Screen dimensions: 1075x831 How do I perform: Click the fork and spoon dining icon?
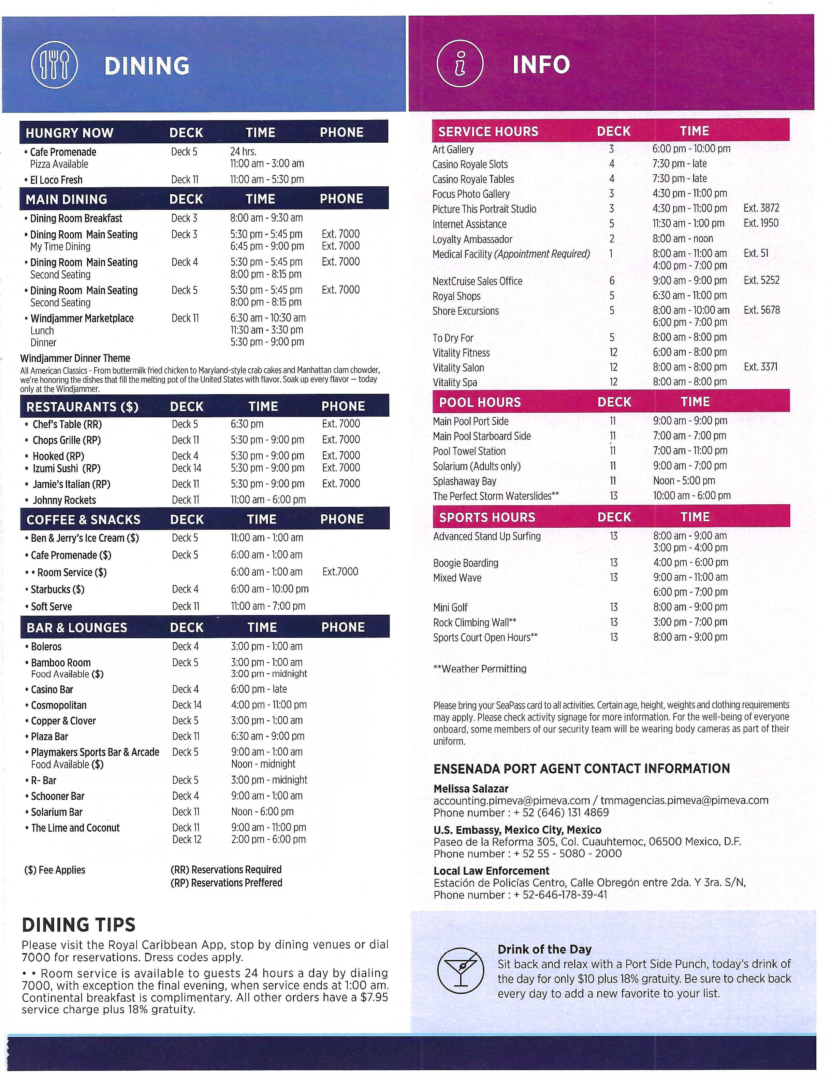pyautogui.click(x=54, y=65)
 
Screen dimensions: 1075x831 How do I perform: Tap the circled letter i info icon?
pyautogui.click(x=460, y=64)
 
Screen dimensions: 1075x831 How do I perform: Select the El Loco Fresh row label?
pyautogui.click(x=56, y=180)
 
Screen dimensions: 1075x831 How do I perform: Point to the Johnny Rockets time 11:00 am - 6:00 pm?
pyautogui.click(x=268, y=500)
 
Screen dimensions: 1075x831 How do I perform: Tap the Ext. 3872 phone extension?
pyautogui.click(x=761, y=208)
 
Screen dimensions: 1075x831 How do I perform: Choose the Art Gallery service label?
pyautogui.click(x=453, y=149)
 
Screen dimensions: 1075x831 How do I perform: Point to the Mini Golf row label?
pyautogui.click(x=450, y=608)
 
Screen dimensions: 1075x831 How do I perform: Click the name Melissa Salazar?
pyautogui.click(x=471, y=789)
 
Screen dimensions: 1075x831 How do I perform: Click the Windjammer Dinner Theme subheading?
pyautogui.click(x=75, y=358)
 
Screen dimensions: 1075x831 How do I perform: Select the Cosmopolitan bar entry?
pyautogui.click(x=59, y=705)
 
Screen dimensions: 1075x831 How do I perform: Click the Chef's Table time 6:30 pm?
pyautogui.click(x=247, y=424)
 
